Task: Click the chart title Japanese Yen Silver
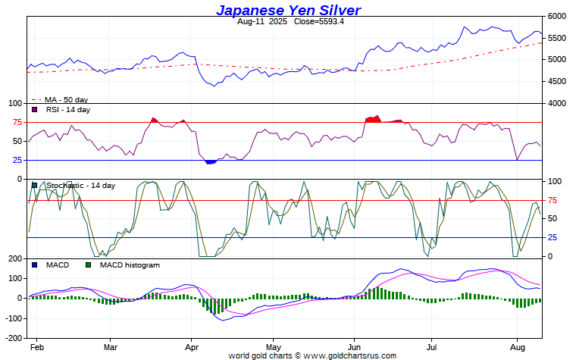click(x=288, y=10)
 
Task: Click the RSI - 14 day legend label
click(x=67, y=110)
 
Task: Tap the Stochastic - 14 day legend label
click(x=80, y=186)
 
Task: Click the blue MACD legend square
click(x=35, y=265)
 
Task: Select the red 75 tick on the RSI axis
click(x=16, y=122)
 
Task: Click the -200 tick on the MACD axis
click(x=14, y=337)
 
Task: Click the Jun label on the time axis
click(x=353, y=346)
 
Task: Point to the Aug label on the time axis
click(x=516, y=346)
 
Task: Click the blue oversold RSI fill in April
click(x=211, y=161)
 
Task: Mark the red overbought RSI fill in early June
click(x=373, y=118)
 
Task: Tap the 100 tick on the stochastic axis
click(x=556, y=181)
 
